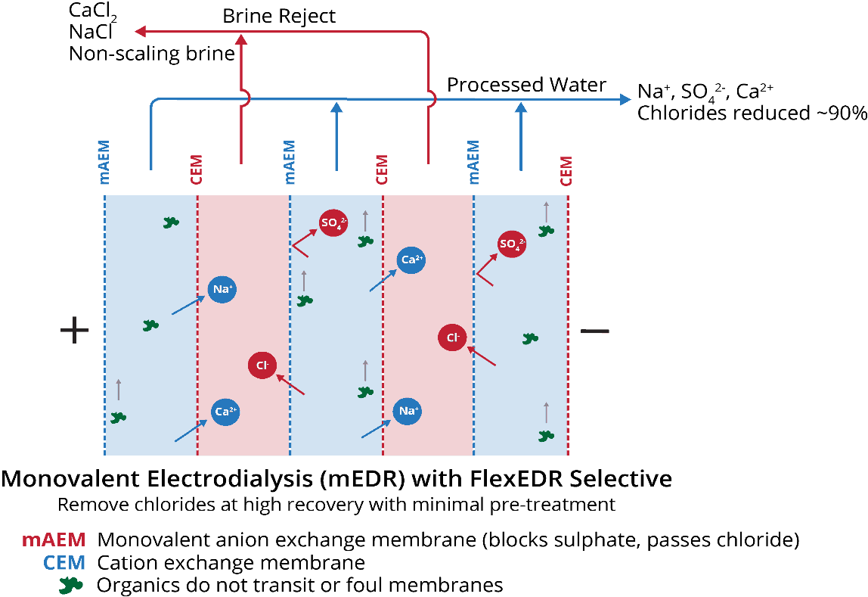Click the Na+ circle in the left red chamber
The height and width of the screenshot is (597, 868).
[x=222, y=290]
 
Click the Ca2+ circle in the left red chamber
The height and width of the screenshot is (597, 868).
[x=226, y=412]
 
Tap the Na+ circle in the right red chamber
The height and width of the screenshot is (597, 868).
[x=408, y=411]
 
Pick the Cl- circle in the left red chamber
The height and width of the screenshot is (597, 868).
[x=262, y=365]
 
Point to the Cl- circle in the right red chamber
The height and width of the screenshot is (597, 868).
[x=453, y=337]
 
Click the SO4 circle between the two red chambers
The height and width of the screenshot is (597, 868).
[x=333, y=223]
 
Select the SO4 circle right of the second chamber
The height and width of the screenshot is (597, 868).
[x=512, y=244]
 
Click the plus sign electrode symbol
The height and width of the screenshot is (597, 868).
[x=74, y=330]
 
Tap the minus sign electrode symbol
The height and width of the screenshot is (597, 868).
[x=594, y=331]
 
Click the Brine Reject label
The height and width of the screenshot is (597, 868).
[x=279, y=16]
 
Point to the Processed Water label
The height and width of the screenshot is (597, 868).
[x=526, y=85]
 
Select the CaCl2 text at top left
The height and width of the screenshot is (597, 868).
[x=92, y=11]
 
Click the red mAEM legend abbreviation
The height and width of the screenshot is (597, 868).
[x=53, y=540]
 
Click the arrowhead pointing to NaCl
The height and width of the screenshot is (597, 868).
[x=141, y=32]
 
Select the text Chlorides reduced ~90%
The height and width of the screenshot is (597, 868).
[x=751, y=113]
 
